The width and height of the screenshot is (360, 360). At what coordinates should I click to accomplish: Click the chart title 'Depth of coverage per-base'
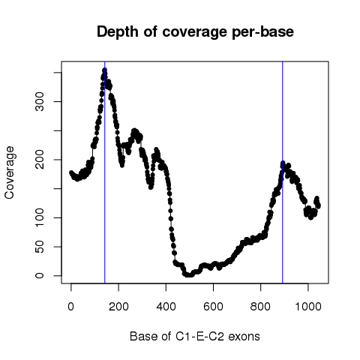195,32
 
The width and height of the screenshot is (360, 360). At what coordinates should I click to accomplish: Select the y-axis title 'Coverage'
10,172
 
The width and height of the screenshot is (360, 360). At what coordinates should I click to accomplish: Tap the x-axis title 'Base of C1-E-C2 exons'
195,337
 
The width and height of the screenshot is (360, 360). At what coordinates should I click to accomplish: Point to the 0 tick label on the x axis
71,306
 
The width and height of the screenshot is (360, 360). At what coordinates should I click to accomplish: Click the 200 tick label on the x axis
118,306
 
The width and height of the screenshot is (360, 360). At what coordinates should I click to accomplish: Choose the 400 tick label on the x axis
166,306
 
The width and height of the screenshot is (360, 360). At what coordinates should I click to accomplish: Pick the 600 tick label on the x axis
213,306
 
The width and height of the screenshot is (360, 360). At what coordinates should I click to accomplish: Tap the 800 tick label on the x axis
260,306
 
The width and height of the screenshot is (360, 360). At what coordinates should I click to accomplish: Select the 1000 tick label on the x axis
308,306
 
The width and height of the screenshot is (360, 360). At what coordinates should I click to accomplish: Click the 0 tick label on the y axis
40,275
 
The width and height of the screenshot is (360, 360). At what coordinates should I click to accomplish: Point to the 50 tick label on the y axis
40,247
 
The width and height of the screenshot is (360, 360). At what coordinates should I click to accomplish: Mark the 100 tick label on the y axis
40,217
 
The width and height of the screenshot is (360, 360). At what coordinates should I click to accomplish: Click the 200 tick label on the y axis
40,160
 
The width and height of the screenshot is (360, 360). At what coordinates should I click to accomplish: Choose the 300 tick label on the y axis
40,101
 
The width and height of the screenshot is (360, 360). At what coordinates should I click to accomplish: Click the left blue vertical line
105,172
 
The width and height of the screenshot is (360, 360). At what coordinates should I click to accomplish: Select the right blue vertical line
283,172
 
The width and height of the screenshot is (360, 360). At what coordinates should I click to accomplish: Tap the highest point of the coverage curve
105,70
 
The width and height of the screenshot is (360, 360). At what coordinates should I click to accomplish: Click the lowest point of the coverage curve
190,275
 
